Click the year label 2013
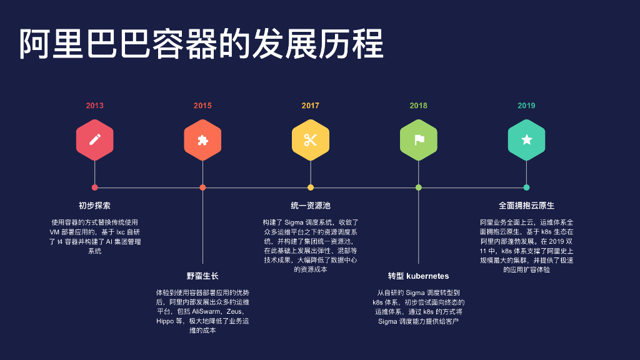tap(95, 106)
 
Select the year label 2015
tap(202, 106)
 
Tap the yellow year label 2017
tap(311, 106)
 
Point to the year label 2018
tap(419, 106)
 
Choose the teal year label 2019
tap(526, 106)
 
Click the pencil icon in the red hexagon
tap(95, 140)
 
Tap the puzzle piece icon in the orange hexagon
tap(202, 140)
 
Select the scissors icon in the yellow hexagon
tap(311, 140)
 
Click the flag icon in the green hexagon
tap(419, 140)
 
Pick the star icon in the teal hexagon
tap(526, 140)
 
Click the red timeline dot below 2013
tap(95, 187)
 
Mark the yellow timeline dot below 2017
tap(311, 187)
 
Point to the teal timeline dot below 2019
tap(526, 187)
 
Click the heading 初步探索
tap(95, 206)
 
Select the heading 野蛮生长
tap(202, 276)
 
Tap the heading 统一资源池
tap(311, 206)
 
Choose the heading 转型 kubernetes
tap(418, 276)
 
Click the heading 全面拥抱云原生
tap(526, 206)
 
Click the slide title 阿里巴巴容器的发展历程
tap(201, 44)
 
